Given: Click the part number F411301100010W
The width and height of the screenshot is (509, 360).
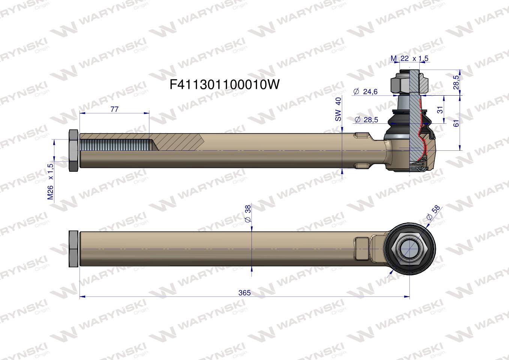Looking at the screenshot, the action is tap(225, 85).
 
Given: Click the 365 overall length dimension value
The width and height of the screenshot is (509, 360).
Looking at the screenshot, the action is tap(245, 293).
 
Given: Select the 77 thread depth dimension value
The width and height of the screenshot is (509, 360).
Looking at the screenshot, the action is tap(114, 109).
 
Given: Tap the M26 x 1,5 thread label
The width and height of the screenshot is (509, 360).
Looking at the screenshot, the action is tap(50, 182).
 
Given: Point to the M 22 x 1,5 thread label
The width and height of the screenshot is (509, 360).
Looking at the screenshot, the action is tap(410, 58).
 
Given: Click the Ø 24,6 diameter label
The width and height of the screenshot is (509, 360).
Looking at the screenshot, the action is tap(366, 91).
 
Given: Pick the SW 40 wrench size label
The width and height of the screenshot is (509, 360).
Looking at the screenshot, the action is tap(338, 109).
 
